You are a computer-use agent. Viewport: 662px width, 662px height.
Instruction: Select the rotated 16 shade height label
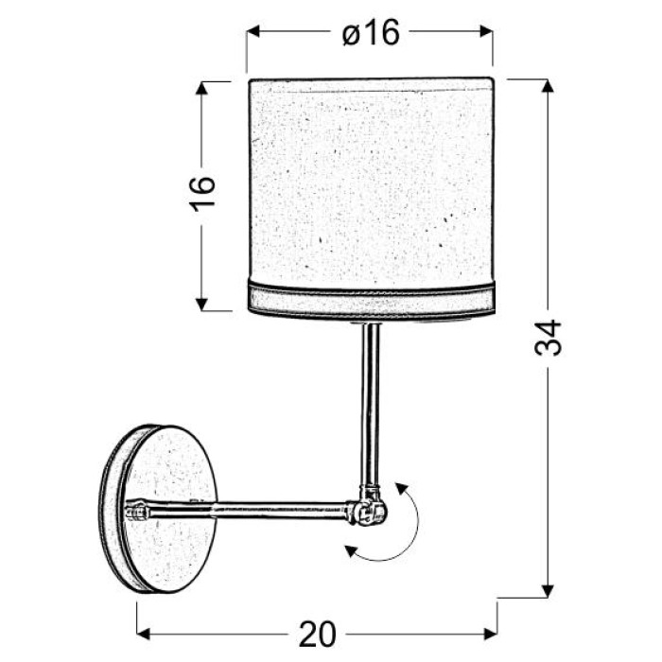tap(202, 194)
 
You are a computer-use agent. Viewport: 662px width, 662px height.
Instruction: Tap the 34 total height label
tap(548, 338)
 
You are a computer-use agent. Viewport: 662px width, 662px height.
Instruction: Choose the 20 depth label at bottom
tap(318, 635)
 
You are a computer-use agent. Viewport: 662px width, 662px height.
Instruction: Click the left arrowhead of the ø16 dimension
tap(253, 31)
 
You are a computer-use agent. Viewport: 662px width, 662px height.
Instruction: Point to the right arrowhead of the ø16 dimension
tap(486, 31)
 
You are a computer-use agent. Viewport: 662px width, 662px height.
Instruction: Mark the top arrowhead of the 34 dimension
tap(548, 86)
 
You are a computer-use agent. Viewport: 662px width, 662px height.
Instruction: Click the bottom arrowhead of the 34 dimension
tap(548, 591)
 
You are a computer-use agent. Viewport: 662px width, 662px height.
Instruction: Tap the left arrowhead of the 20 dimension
tap(144, 634)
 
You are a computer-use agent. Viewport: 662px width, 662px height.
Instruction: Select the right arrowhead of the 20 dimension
tap(490, 634)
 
